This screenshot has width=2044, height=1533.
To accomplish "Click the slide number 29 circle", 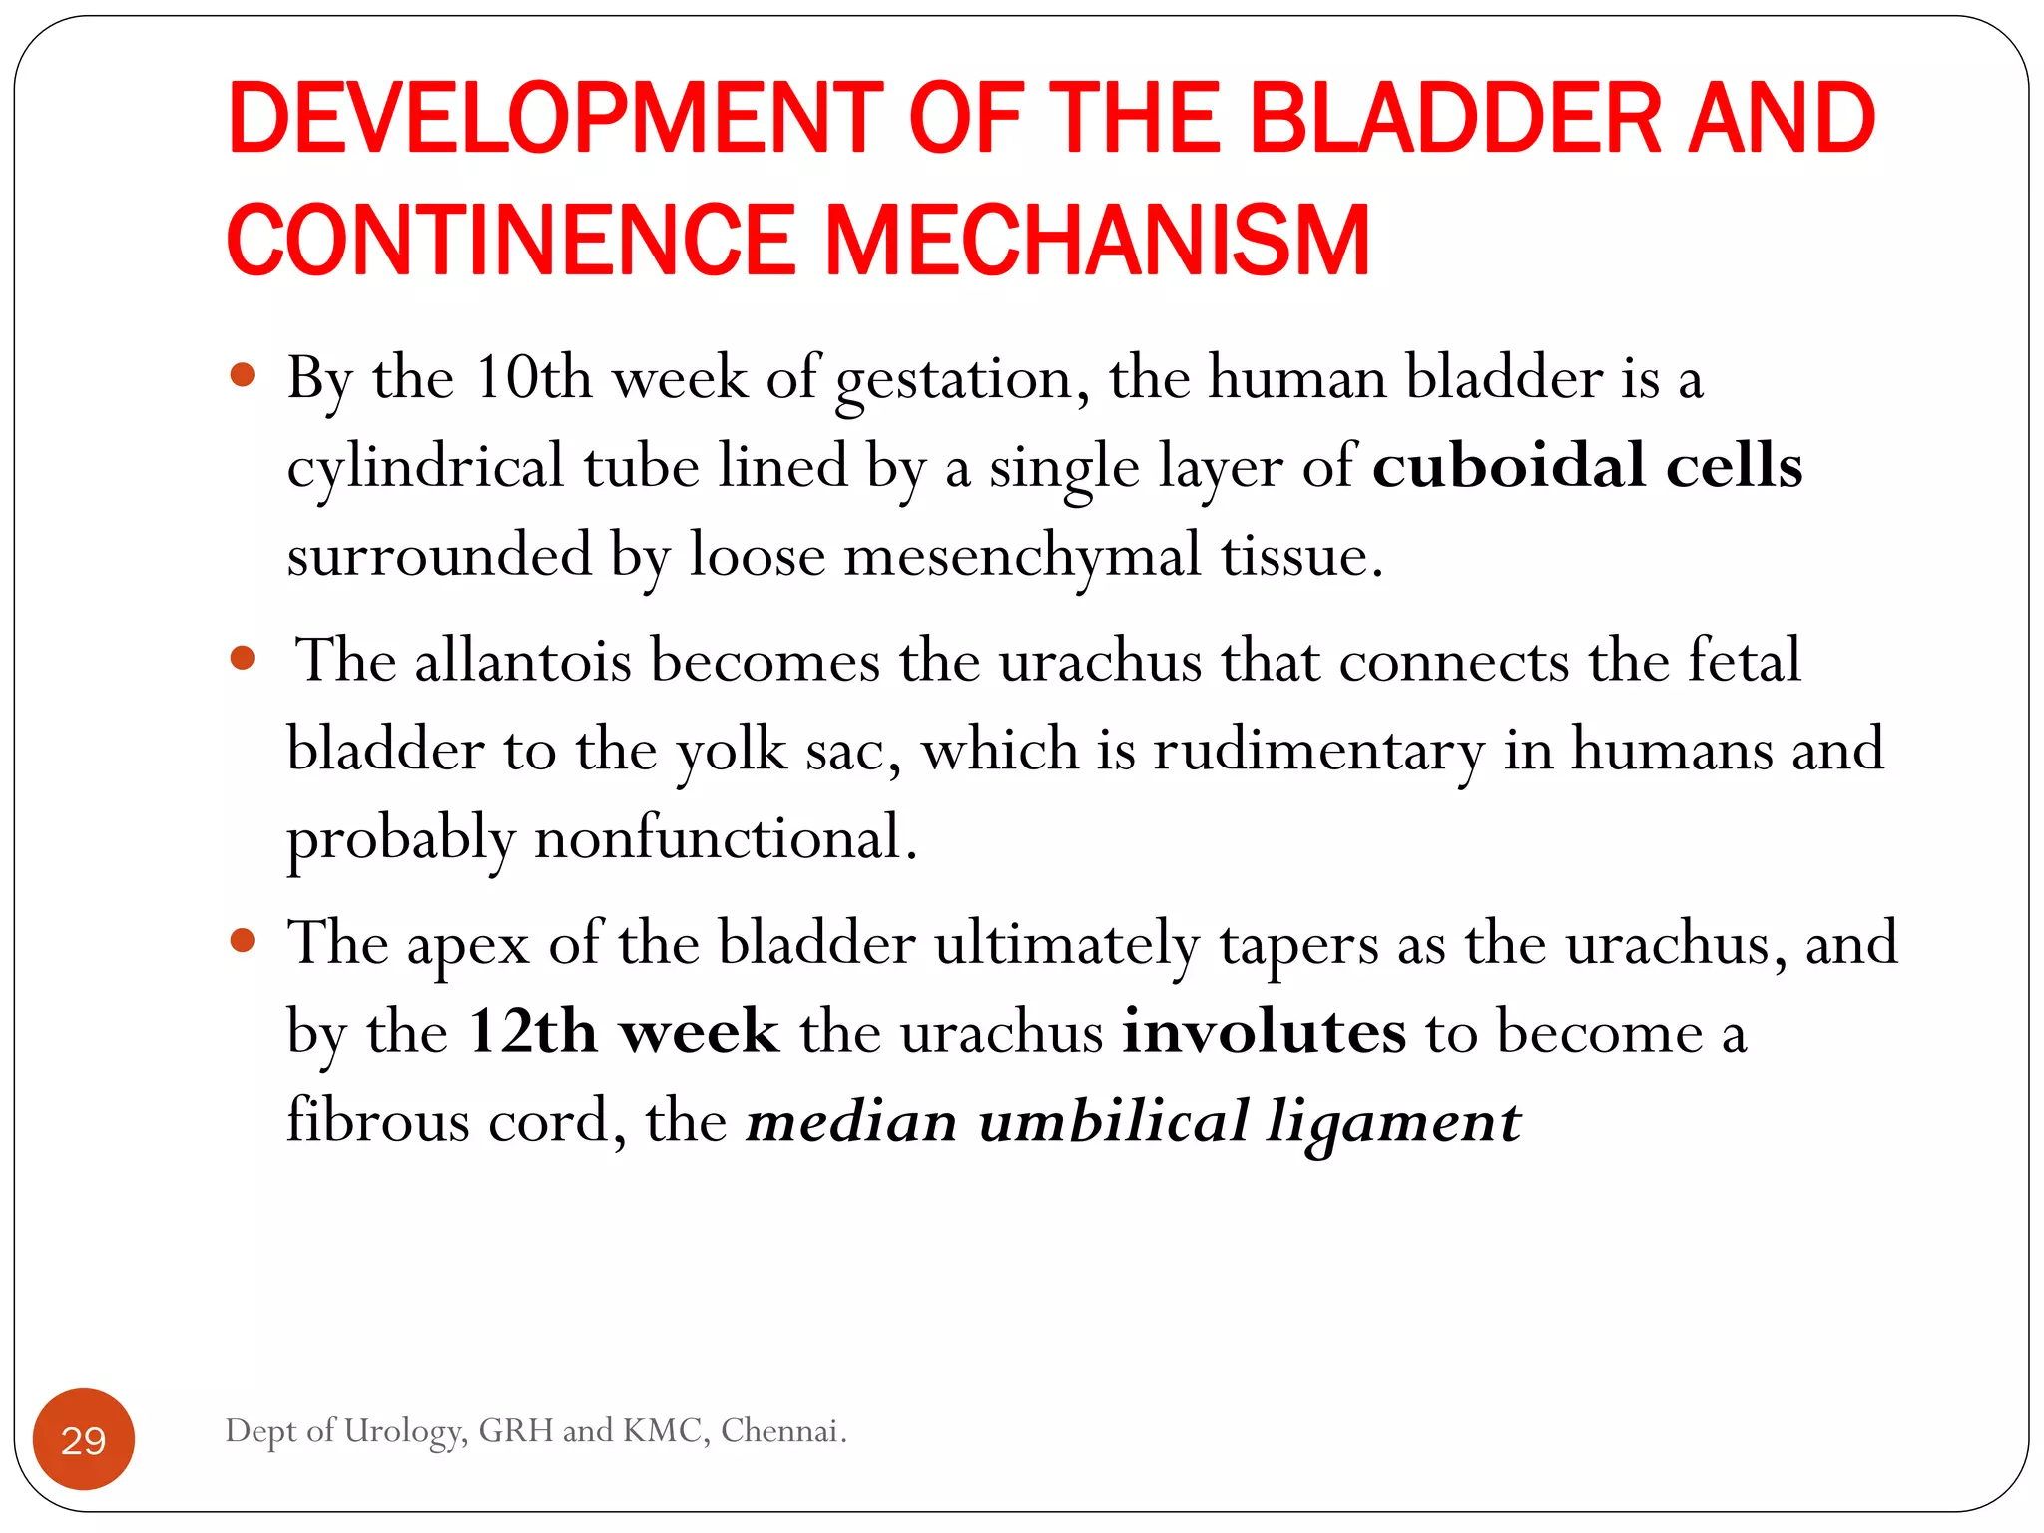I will [84, 1439].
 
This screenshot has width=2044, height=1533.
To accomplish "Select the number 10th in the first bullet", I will [533, 379].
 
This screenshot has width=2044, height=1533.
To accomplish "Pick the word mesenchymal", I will [1023, 556].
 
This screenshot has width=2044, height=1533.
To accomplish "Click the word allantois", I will [523, 661].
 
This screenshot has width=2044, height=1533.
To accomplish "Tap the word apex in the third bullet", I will [468, 944].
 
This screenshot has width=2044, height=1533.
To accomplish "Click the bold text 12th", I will [533, 1032].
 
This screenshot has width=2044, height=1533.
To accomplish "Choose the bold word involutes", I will [1265, 1032].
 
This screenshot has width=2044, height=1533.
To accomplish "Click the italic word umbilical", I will [1114, 1121].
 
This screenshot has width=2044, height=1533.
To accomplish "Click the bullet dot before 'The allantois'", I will [243, 658].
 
